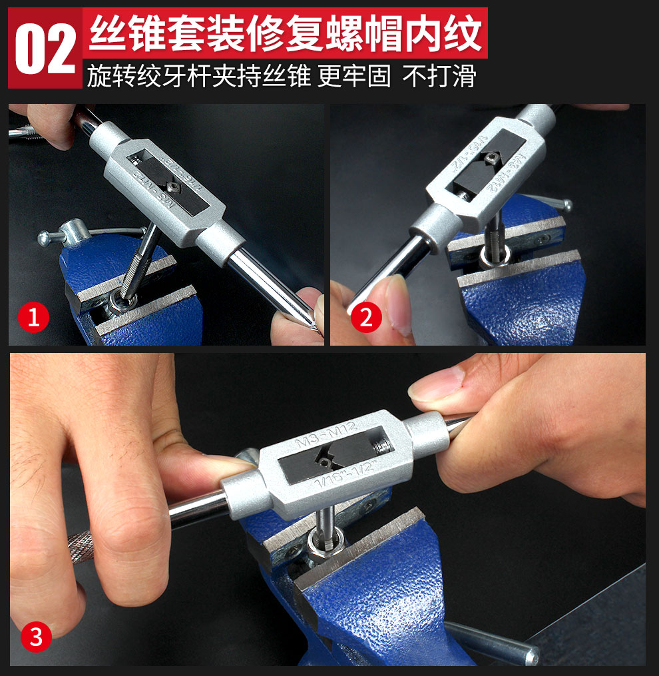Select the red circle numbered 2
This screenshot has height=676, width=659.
tap(365, 318)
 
